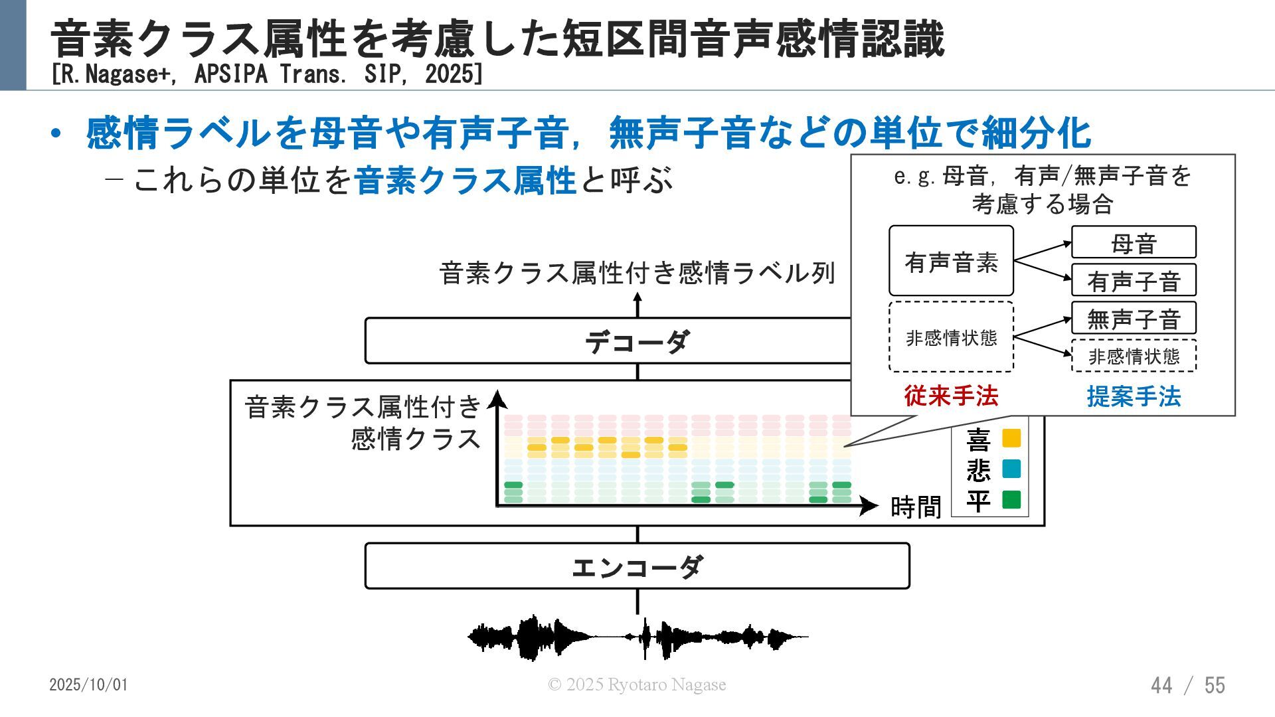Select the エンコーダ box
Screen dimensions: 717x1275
coord(637,566)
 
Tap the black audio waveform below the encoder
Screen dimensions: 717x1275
coord(637,637)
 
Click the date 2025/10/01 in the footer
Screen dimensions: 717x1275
coord(88,684)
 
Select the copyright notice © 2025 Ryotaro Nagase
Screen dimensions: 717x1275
coord(636,684)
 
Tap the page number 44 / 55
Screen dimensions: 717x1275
coord(1187,685)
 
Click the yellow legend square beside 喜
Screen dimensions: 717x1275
coord(1011,438)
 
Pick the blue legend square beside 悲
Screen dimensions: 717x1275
coord(1011,469)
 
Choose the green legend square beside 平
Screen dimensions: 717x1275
coord(1011,499)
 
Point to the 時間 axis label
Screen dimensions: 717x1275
coord(916,507)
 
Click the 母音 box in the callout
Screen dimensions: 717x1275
coord(1134,243)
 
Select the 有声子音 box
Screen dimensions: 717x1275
coord(1134,281)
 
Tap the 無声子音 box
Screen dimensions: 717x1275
coord(1134,319)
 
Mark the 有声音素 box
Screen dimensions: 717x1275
coord(951,261)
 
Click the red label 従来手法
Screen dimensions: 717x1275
coord(951,396)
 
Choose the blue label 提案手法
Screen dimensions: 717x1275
coord(1134,397)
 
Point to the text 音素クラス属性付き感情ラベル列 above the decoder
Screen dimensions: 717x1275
coord(637,273)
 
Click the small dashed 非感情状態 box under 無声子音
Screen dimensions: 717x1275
coord(1134,357)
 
